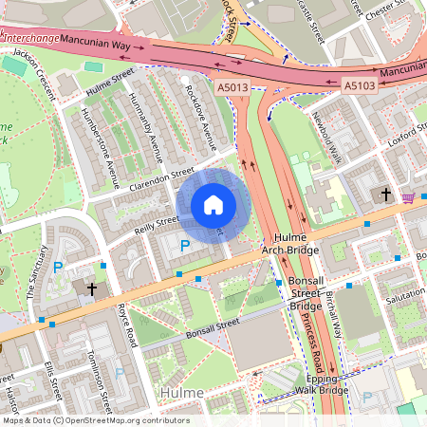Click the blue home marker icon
point(213,205)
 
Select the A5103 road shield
point(359,85)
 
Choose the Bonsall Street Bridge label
point(306,295)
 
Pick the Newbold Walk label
point(326,134)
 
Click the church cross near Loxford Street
point(385,195)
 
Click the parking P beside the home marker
point(185,245)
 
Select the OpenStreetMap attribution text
point(95,420)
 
